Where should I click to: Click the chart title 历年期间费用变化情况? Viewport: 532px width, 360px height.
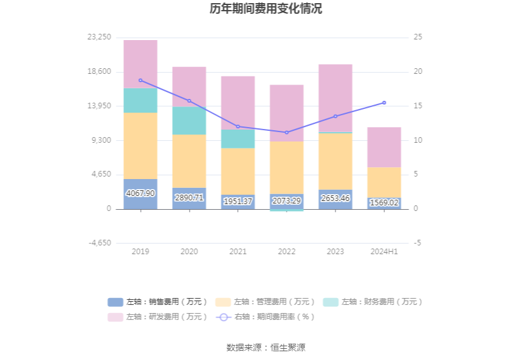tap(266, 9)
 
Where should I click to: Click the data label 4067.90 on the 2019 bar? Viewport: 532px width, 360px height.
tap(140, 193)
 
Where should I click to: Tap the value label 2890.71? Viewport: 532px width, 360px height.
tap(189, 198)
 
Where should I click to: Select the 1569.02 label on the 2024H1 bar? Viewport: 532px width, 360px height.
tap(384, 203)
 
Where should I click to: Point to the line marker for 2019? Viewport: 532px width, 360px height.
tap(140, 80)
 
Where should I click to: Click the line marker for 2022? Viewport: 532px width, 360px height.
tap(287, 132)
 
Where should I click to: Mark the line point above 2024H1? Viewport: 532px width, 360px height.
tap(384, 103)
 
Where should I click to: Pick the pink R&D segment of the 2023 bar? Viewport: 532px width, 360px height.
tap(335, 98)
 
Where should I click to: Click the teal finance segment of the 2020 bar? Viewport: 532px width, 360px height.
tap(189, 120)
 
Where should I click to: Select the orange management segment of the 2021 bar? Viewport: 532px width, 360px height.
tap(238, 171)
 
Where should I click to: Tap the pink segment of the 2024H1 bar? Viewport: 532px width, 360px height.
tap(384, 147)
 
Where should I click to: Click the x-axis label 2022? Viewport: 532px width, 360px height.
tap(287, 251)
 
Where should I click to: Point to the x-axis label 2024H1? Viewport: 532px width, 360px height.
tap(384, 251)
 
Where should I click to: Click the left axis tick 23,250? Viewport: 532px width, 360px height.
tap(100, 38)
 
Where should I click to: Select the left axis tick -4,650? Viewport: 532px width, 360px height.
tap(100, 243)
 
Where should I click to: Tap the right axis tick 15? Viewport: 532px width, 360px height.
tap(418, 106)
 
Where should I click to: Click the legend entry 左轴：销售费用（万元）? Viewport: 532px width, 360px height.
tap(158, 302)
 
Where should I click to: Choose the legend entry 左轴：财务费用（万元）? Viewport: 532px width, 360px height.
tap(373, 302)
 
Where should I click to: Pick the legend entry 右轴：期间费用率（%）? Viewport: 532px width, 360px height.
tap(265, 317)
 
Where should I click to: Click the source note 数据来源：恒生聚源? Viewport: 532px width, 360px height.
tap(266, 347)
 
